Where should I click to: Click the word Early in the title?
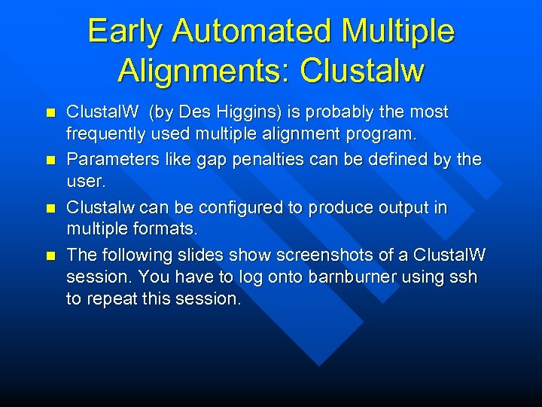125,32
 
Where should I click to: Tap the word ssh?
461,277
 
